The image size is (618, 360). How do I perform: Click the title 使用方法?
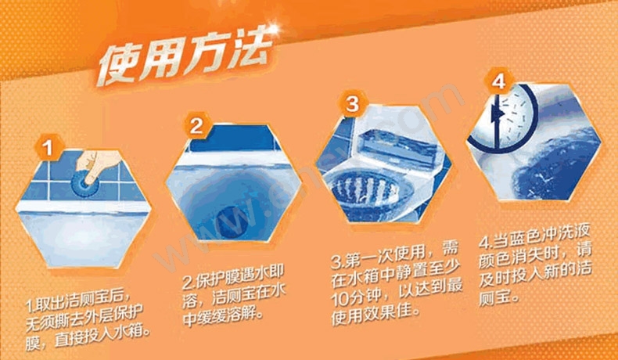[x=185, y=59]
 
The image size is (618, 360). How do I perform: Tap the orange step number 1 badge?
[x=49, y=149]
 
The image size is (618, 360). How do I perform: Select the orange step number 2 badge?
[x=196, y=126]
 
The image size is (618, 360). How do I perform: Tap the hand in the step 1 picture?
[x=95, y=165]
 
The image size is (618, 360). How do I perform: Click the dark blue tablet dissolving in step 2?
[x=232, y=222]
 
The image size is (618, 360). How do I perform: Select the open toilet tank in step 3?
[x=399, y=149]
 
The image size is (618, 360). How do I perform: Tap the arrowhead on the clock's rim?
[x=499, y=114]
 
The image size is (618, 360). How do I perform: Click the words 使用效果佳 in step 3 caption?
[x=375, y=312]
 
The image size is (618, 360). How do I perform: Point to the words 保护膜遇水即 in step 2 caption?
[x=238, y=278]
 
